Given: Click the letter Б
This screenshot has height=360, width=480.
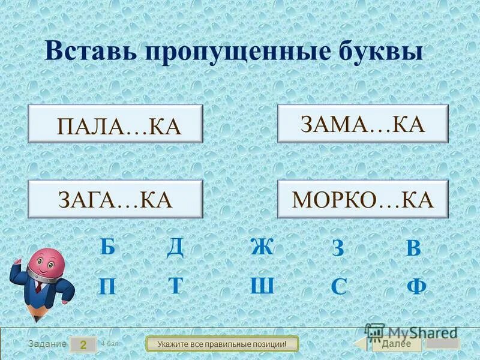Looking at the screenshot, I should click(x=107, y=247).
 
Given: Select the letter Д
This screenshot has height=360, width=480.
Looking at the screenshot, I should click(x=175, y=247).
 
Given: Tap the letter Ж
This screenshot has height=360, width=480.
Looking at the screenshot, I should click(x=262, y=247).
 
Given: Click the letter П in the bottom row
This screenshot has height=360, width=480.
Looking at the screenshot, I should click(x=107, y=286).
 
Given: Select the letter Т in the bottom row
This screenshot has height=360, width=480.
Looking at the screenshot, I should click(x=175, y=285).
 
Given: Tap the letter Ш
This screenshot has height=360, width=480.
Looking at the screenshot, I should click(x=262, y=285).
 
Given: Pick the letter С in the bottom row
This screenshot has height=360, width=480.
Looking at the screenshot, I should click(x=338, y=287).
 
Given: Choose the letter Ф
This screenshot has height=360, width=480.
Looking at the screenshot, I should click(x=416, y=286).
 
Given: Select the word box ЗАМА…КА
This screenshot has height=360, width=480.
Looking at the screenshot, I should click(x=362, y=123).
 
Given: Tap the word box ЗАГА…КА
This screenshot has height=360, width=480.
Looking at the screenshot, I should click(x=116, y=199).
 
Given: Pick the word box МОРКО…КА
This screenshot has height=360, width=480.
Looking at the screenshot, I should click(x=362, y=199).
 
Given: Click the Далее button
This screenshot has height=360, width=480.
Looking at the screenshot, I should click(x=396, y=344).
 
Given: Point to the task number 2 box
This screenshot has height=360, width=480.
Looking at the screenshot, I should click(x=83, y=344).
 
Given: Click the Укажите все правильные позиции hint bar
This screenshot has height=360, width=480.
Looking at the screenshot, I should click(x=222, y=344).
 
